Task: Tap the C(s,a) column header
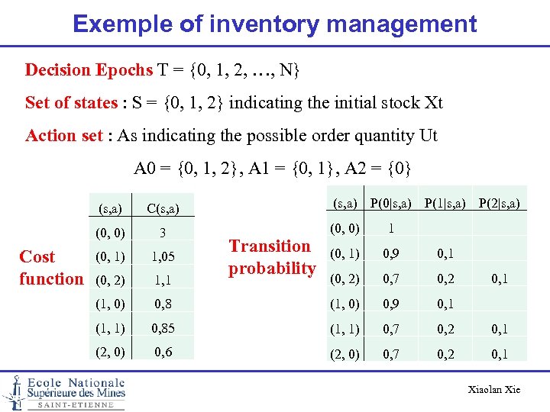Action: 162,206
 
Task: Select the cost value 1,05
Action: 162,257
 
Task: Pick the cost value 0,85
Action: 162,330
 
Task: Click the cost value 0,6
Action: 162,353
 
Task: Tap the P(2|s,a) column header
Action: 500,203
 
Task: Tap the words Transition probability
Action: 272,257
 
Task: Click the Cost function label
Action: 50,267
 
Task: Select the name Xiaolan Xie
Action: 494,390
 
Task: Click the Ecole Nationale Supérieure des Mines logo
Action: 64,392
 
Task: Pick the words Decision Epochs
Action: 89,70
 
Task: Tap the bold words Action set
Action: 64,136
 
